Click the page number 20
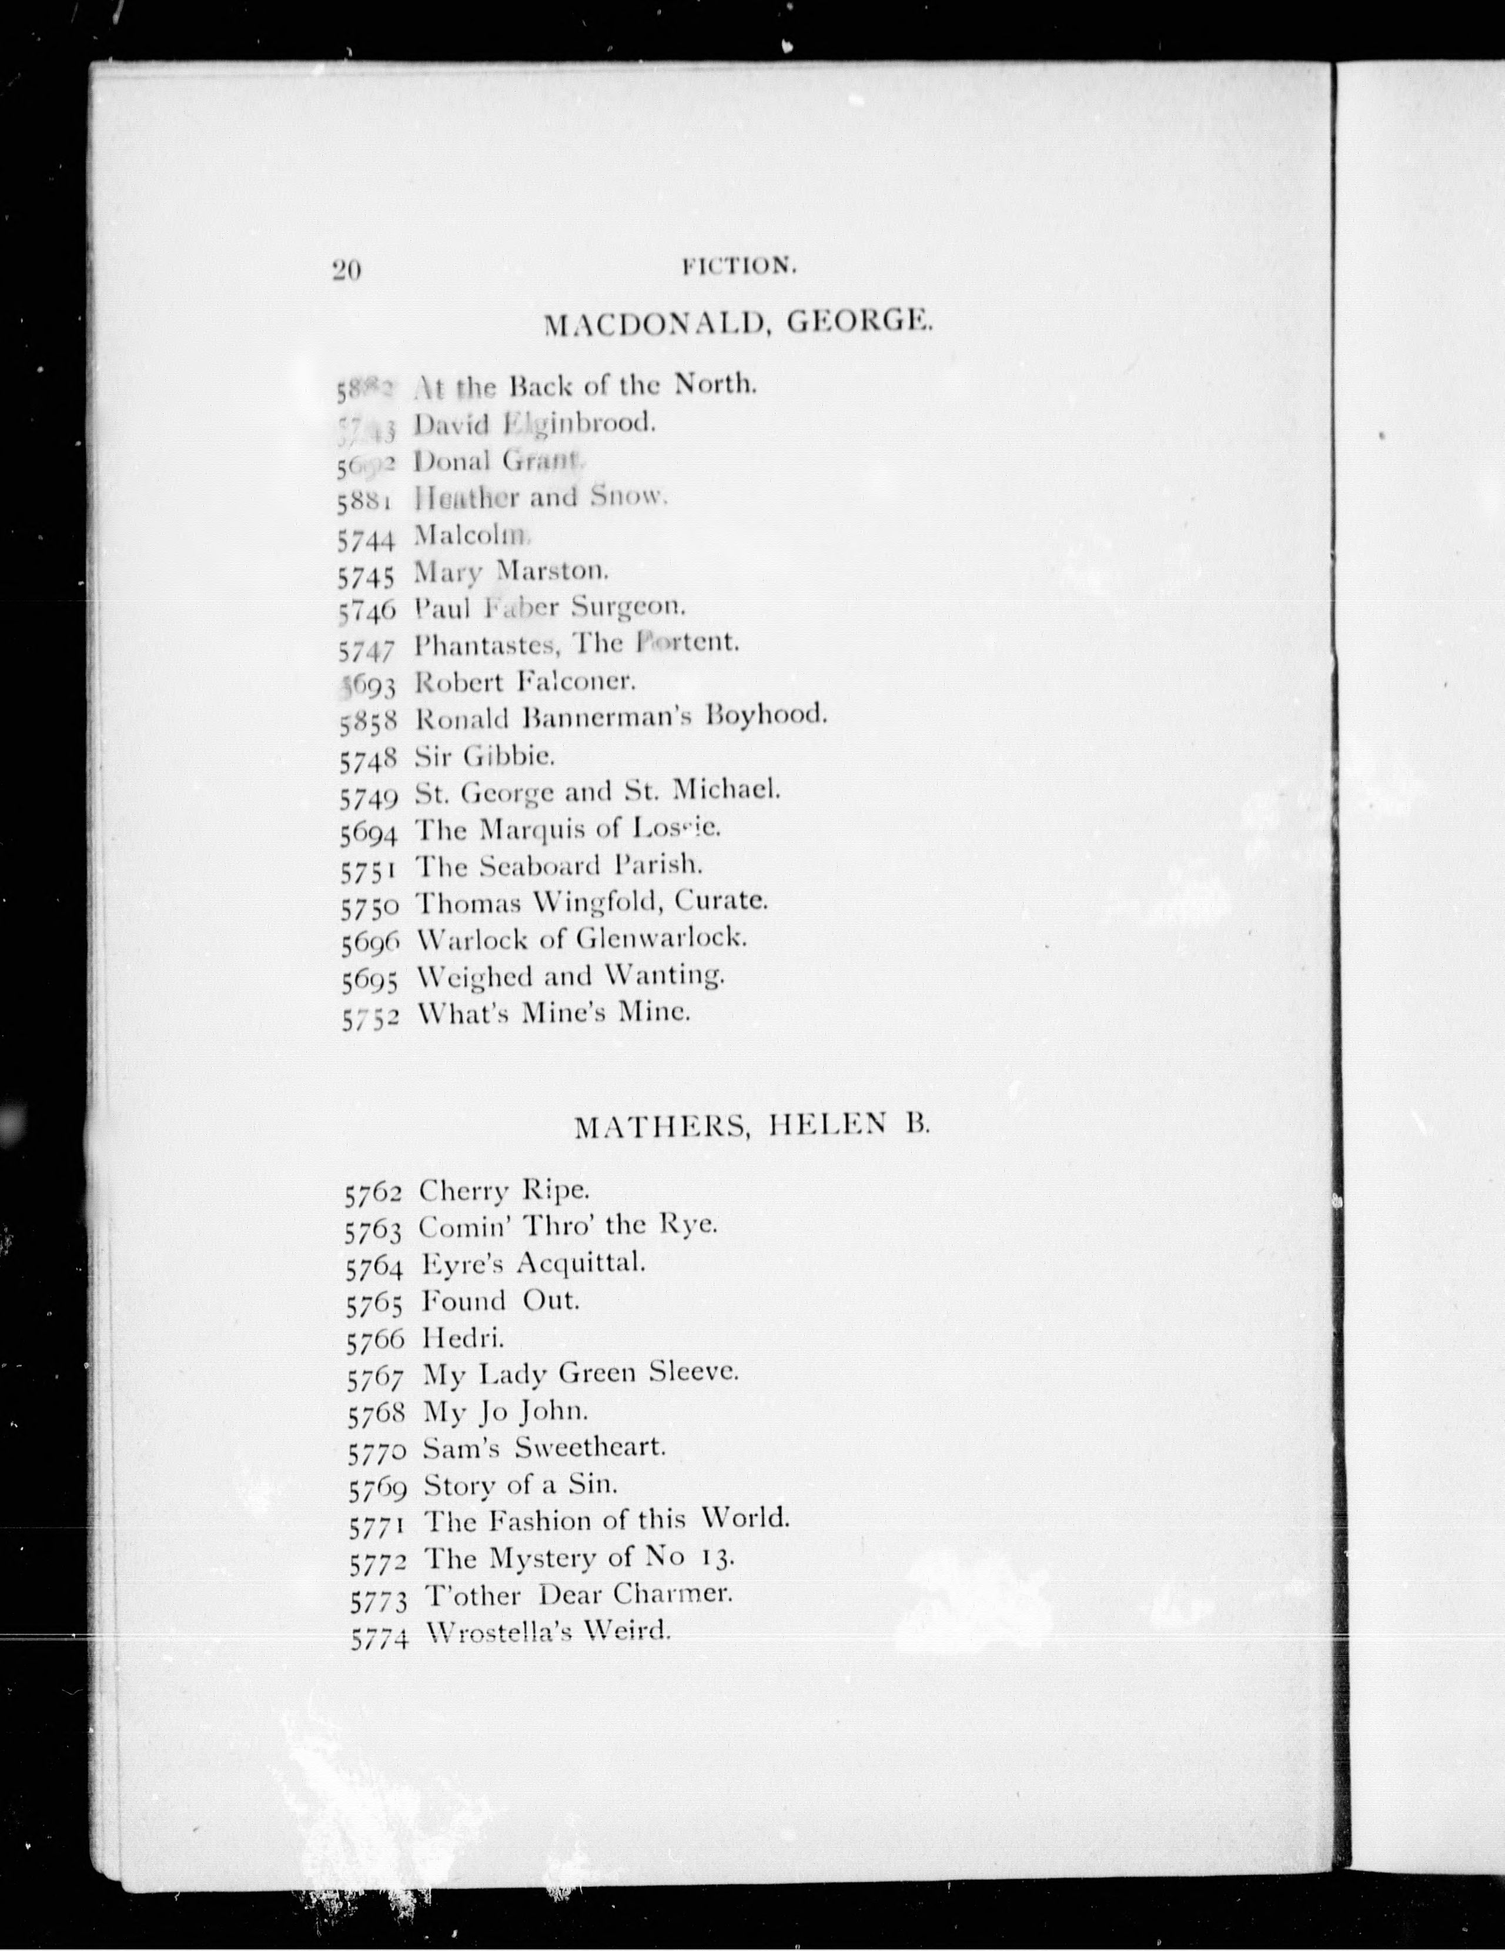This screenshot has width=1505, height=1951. [x=346, y=270]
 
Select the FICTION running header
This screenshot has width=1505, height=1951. [x=738, y=265]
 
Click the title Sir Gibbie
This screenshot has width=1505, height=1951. [x=485, y=757]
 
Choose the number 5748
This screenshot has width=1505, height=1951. [x=367, y=760]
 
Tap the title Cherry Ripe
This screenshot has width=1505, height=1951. [x=505, y=1191]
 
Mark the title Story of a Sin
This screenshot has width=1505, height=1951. [x=520, y=1484]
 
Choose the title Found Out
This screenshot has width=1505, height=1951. [x=500, y=1300]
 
